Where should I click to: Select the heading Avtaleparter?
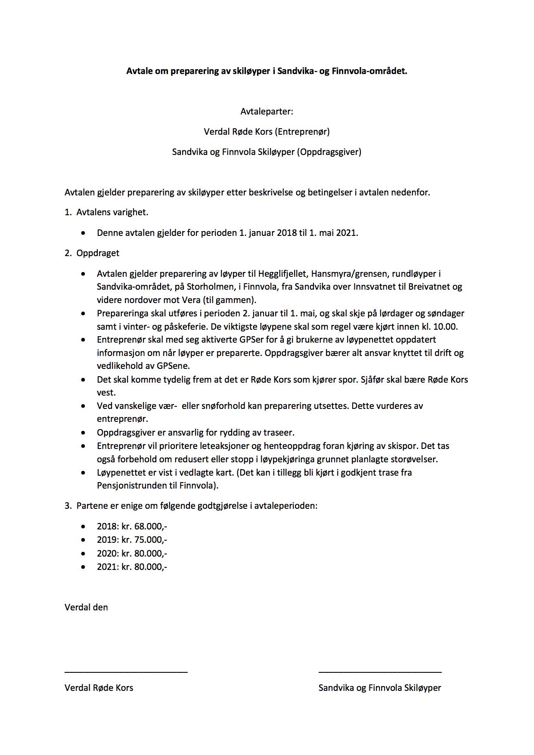pyautogui.click(x=267, y=111)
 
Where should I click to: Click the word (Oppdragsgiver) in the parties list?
pyautogui.click(x=329, y=152)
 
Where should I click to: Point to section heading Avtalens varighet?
pyautogui.click(x=112, y=212)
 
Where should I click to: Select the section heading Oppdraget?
pyautogui.click(x=98, y=253)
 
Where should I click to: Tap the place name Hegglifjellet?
pyautogui.click(x=282, y=274)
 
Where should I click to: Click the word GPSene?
pyautogui.click(x=172, y=366)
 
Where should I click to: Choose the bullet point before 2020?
pyautogui.click(x=83, y=553)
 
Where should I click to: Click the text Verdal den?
pyautogui.click(x=86, y=607)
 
